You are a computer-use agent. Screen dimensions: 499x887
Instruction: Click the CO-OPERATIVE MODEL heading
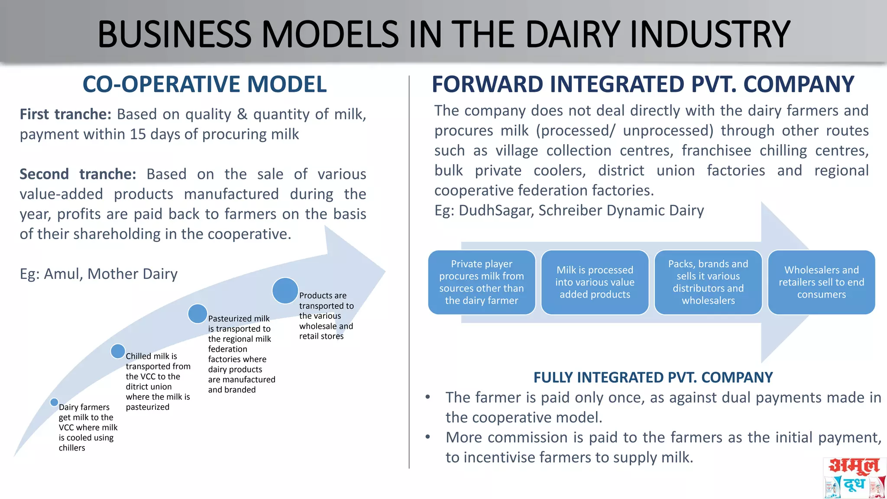coord(204,84)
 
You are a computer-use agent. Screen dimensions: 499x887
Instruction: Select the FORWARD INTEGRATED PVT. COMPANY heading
coord(643,84)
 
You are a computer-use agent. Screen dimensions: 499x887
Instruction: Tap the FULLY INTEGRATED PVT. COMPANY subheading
coord(653,377)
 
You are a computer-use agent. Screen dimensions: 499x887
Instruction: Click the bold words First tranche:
coord(65,114)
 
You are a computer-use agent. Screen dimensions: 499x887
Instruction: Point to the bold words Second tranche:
coord(78,174)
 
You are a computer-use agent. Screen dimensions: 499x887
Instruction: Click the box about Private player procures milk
coord(482,282)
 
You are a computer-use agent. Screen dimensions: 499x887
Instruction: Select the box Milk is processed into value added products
coord(595,282)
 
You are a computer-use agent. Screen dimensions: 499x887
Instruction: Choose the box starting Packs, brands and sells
coord(708,282)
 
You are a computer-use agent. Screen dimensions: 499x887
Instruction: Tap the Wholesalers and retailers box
coord(821,282)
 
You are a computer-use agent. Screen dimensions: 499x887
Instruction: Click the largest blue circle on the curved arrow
coord(285,291)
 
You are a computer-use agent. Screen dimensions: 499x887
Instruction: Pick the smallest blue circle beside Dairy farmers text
coord(54,402)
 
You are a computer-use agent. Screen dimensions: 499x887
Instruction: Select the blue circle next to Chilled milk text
coord(118,351)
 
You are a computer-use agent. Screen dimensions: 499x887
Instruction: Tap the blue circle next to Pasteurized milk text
coord(197,314)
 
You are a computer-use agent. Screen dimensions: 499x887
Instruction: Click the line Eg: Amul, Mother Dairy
coord(99,274)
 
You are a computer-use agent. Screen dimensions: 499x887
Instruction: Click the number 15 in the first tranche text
coord(138,134)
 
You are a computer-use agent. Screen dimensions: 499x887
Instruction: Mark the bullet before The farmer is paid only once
coord(428,397)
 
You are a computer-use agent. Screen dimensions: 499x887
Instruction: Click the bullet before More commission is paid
coord(428,437)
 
